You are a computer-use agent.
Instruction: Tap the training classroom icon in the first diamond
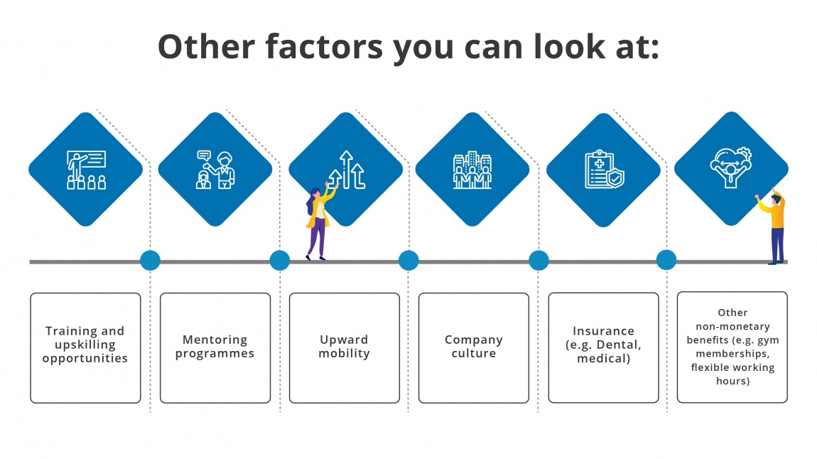pos(86,169)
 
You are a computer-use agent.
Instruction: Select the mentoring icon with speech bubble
pos(215,169)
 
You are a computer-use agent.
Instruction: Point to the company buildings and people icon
pos(472,169)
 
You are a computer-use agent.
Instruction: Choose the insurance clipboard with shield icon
pos(602,169)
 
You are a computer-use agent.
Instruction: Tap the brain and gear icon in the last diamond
pos(731,168)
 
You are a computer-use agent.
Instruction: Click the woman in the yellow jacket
pos(318,222)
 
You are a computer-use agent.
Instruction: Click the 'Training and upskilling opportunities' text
pos(85,345)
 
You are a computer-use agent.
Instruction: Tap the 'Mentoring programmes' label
pos(215,347)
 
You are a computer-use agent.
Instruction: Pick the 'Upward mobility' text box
pos(345,347)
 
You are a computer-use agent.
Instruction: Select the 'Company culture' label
pos(474,347)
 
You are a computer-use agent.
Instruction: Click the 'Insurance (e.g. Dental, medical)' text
pos(603,345)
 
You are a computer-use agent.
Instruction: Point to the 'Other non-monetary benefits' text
pos(732,347)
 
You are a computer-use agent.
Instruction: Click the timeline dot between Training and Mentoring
pos(150,261)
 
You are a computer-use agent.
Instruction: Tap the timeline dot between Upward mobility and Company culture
pos(408,261)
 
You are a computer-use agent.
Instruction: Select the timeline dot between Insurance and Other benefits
pos(666,260)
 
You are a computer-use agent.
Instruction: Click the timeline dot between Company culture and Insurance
pos(539,261)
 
